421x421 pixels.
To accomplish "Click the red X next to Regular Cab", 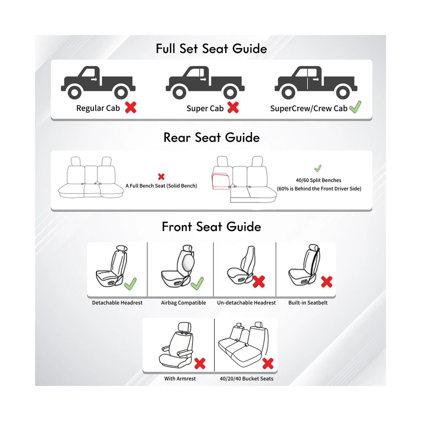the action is pos(131,107).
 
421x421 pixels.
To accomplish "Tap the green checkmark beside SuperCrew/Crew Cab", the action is pos(355,107).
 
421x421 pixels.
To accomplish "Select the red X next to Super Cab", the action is pos(233,107).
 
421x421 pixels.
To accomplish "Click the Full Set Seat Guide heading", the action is pos(211,48).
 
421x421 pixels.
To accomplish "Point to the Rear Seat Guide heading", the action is pos(212,138).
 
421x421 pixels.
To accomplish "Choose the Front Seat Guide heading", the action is pos(211,226).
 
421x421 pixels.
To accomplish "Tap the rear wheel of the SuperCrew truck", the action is pos(343,93).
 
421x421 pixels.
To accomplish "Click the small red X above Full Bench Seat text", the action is pos(161,176).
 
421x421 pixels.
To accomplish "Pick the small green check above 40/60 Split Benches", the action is pos(317,168).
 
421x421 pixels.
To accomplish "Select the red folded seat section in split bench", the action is pos(221,181).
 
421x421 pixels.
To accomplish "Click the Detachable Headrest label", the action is pos(117,303).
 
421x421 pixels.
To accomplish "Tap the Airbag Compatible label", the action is pos(184,303).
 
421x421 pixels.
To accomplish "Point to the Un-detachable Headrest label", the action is pos(246,303).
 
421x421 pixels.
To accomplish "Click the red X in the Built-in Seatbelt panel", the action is pos(327,282).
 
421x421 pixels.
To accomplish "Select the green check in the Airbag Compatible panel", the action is pos(197,283).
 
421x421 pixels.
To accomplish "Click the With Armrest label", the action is pos(180,378).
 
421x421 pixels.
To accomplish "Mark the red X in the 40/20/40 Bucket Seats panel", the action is pos(268,364).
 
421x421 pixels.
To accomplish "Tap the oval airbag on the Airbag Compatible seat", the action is pos(188,262).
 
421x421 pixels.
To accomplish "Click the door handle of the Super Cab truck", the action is pos(203,80).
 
